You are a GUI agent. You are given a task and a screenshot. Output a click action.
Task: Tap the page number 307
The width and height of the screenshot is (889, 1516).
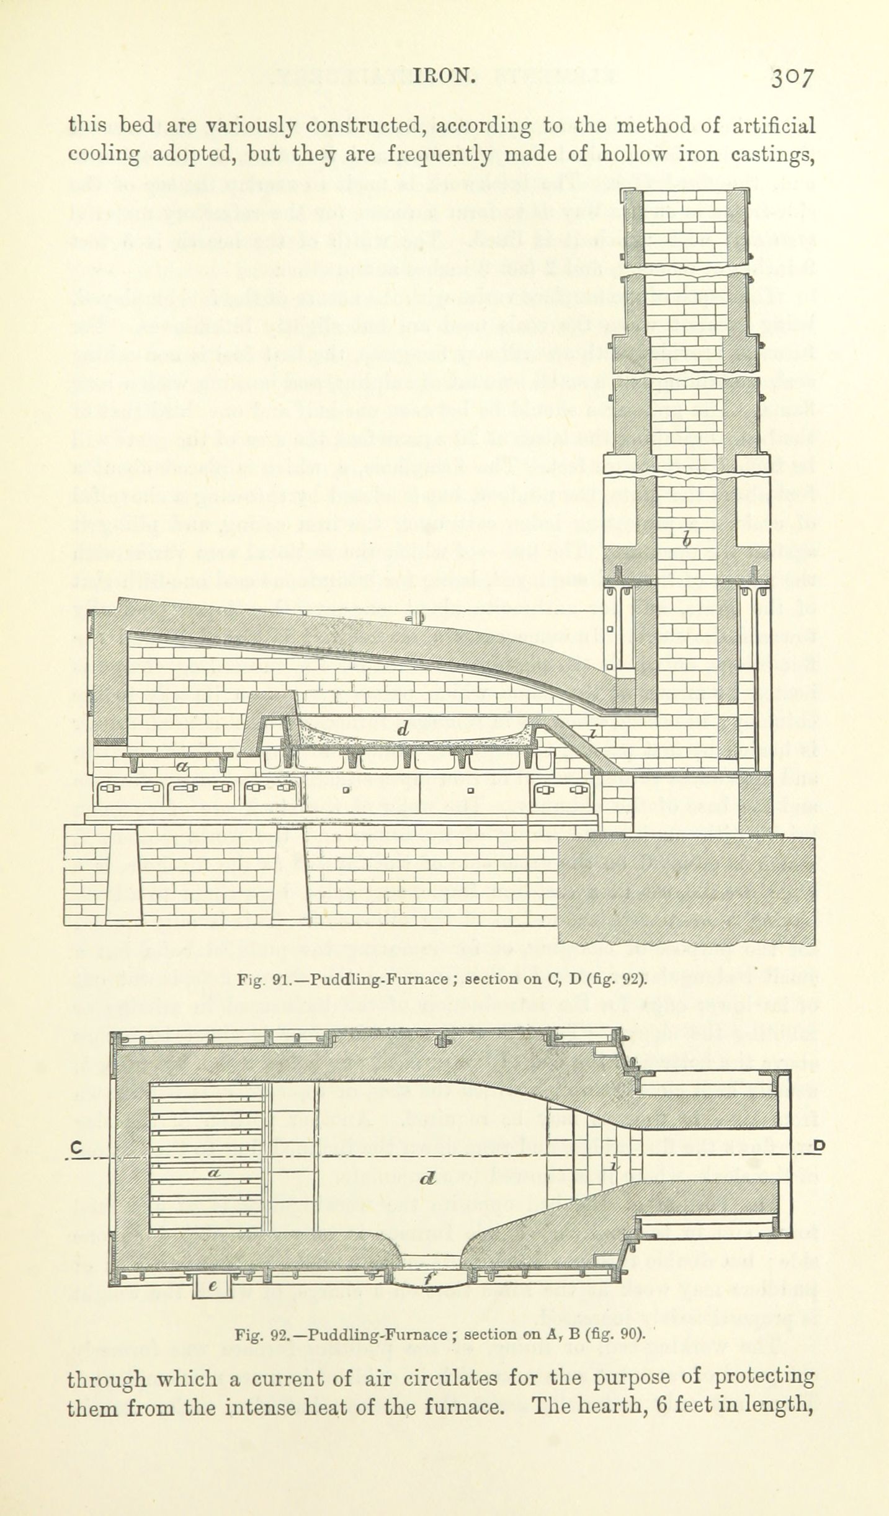click(792, 79)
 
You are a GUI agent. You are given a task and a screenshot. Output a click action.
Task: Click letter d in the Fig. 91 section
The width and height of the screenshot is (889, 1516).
click(403, 730)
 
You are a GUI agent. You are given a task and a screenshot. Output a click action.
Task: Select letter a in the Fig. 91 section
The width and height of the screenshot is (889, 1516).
click(181, 767)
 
